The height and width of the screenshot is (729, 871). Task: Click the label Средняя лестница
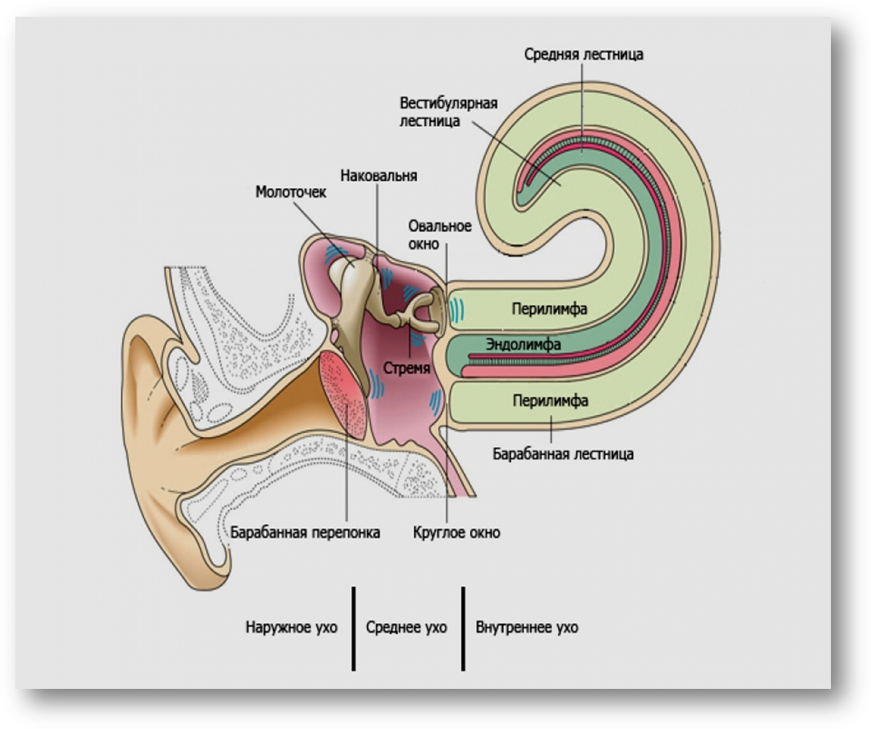[x=583, y=54]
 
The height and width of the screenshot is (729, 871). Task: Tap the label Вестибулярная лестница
[x=448, y=112]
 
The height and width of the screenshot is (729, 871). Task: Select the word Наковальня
[x=379, y=176]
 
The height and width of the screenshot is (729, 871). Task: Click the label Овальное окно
[x=440, y=235]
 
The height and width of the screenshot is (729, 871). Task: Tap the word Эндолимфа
[x=522, y=344]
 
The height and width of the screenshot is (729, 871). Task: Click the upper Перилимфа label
[x=550, y=309]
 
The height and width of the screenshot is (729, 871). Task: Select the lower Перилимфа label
[x=551, y=400]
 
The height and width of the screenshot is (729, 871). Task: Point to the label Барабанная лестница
[x=563, y=454]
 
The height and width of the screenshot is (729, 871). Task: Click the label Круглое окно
[x=457, y=532]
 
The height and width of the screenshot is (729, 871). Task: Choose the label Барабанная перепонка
[x=306, y=532]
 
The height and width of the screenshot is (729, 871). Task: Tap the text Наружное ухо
[x=291, y=627]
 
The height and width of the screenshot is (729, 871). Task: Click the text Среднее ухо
[x=406, y=627]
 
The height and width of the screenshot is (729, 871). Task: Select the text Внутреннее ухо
[x=527, y=627]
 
